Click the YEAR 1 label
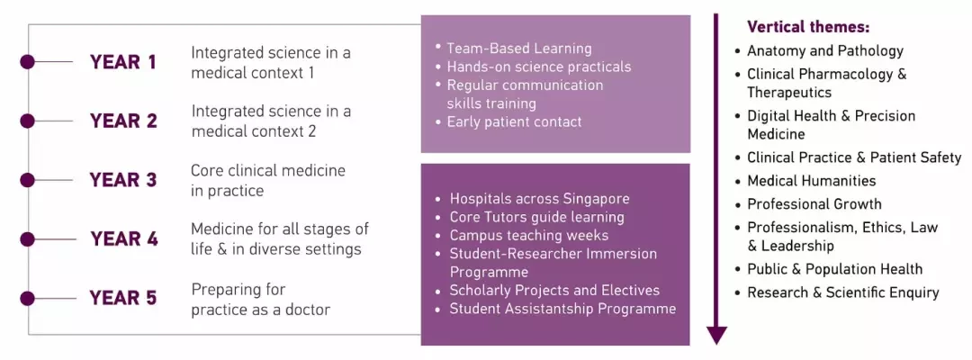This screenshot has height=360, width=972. pos(122,63)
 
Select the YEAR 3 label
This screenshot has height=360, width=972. pos(122,180)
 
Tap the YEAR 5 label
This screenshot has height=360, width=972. pos(122,298)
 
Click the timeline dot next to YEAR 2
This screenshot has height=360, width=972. pos(27,121)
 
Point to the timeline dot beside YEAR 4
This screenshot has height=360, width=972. pos(27,238)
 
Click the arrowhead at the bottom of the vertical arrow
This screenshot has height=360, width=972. pos(716,335)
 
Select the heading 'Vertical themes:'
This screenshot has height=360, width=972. pos(808,27)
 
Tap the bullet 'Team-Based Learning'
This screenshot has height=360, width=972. pos(519,49)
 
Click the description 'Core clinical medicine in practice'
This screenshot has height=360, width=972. pos(268,180)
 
